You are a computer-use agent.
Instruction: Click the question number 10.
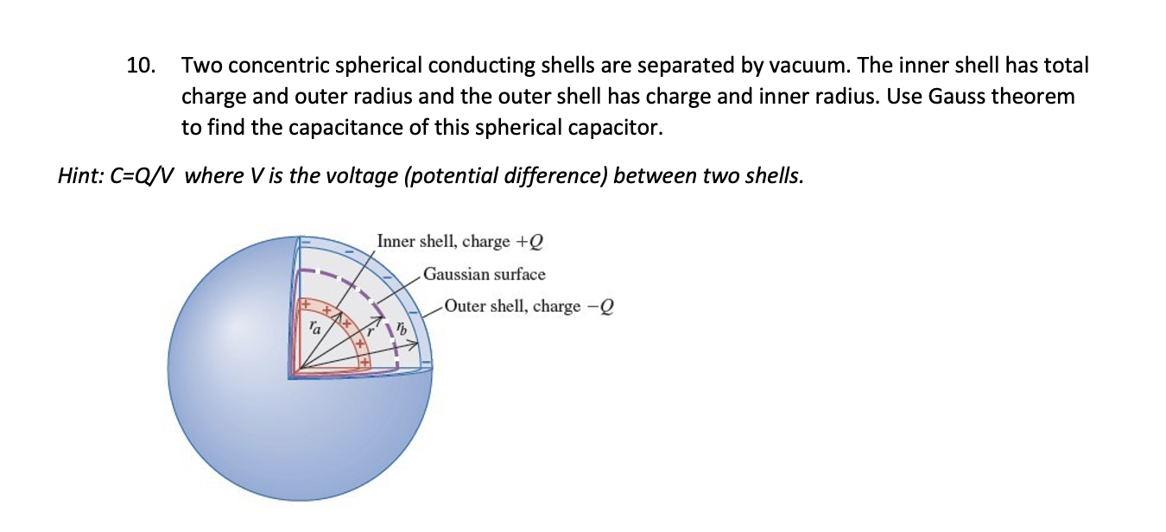point(141,66)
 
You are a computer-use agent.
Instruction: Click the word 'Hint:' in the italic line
point(79,176)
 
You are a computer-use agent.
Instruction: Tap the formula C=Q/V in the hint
point(143,176)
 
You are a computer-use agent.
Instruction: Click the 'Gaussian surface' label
point(484,275)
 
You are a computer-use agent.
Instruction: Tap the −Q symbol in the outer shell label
point(599,307)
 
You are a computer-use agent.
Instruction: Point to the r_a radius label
point(315,328)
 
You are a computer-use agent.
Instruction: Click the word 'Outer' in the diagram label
point(465,307)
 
